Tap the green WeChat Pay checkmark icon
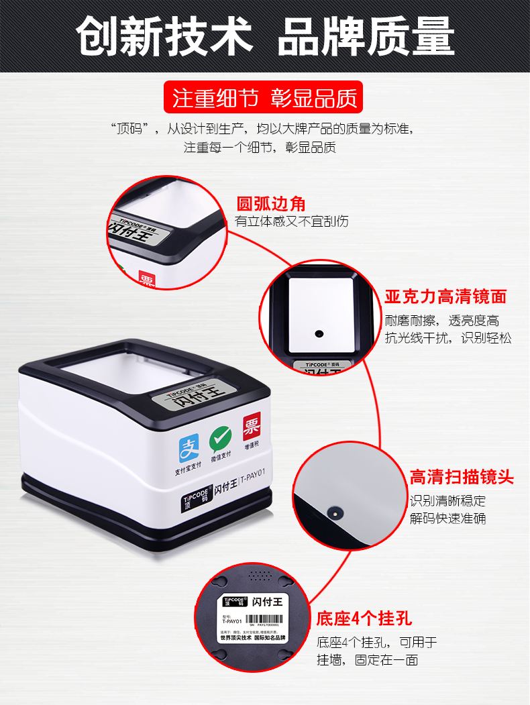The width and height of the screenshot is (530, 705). pos(220,439)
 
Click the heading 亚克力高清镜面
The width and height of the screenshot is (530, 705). pos(445,296)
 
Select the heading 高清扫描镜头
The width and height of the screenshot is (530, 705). pos(462,478)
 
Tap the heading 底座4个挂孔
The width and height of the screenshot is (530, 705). pos(364,618)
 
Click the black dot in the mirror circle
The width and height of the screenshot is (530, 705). pos(319,333)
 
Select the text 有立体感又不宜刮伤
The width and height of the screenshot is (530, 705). pos(292,221)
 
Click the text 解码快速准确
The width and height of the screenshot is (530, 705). pos(447,519)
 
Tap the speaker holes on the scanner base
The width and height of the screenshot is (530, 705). pos(258,575)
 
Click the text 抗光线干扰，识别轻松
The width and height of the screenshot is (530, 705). pos(447,338)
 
